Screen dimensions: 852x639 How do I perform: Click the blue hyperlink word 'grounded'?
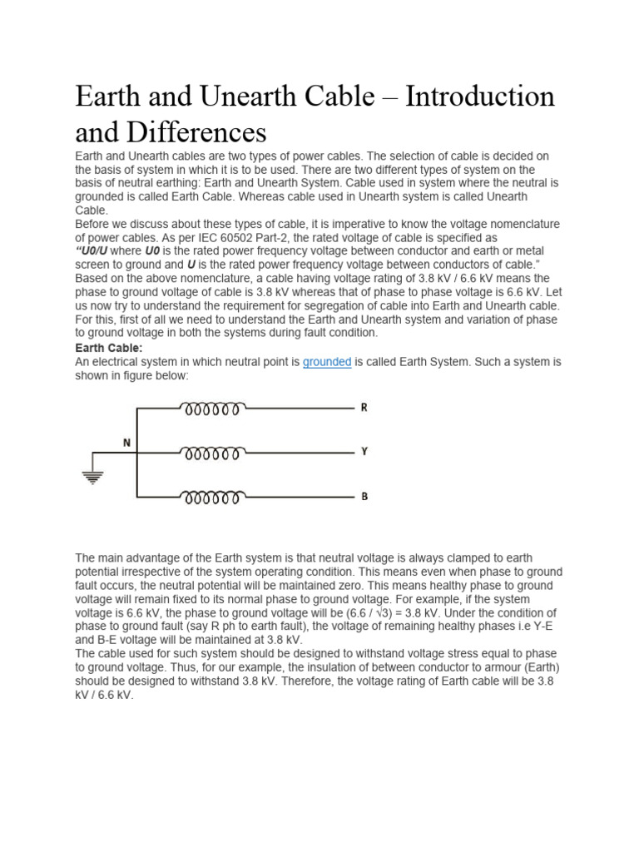point(326,362)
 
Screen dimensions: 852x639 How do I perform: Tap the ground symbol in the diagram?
point(93,477)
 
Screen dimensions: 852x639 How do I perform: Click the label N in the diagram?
point(127,443)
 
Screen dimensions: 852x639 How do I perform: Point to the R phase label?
point(364,408)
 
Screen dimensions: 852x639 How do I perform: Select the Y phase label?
point(364,452)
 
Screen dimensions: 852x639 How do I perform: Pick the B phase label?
point(364,497)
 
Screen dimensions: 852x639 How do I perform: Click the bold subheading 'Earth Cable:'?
point(109,348)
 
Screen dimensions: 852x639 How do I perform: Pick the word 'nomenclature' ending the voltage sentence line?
point(523,225)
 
